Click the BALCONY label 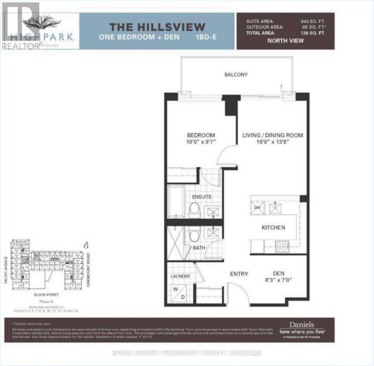(236, 74)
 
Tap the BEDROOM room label (201, 135)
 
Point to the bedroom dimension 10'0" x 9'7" (201, 142)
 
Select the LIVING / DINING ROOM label (272, 135)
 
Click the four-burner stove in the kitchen (282, 246)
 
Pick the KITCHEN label (273, 228)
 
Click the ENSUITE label (202, 197)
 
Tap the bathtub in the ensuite (176, 202)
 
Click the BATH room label (199, 248)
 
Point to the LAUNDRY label (180, 276)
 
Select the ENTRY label (239, 274)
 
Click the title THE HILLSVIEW (157, 27)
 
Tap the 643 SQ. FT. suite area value (313, 21)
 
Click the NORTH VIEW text (286, 41)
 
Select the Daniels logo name (301, 325)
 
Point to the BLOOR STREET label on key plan (46, 295)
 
